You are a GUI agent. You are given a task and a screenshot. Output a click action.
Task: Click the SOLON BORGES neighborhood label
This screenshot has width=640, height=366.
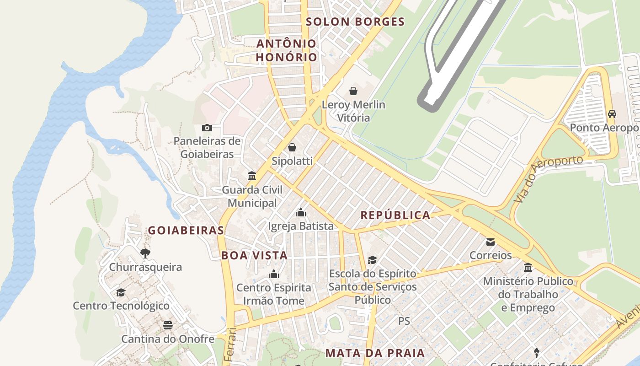[x=355, y=22]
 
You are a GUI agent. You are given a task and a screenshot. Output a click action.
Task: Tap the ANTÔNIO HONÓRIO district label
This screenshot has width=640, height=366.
[x=286, y=50]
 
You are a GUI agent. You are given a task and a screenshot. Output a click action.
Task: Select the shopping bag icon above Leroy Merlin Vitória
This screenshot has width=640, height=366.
[x=353, y=91]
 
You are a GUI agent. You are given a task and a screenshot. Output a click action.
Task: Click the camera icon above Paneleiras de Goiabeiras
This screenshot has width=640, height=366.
[x=207, y=128]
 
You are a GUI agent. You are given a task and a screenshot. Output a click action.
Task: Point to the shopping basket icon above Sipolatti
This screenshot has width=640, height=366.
[x=292, y=147]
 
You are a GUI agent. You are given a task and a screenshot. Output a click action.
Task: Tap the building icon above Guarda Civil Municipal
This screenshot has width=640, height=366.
[x=252, y=176]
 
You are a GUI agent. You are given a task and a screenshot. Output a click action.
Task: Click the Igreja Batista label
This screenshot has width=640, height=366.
[x=301, y=226]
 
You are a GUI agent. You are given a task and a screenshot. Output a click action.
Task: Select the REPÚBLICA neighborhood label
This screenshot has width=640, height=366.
[x=395, y=215]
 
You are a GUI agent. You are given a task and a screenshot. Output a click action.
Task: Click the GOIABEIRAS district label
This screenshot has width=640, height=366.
[x=186, y=230]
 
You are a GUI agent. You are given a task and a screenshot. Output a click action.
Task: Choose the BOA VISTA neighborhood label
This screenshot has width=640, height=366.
[x=255, y=255]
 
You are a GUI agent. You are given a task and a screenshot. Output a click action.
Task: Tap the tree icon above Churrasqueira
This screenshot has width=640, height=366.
[x=145, y=253]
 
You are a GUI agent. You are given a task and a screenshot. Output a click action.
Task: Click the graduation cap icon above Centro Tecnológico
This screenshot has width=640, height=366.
[x=121, y=292]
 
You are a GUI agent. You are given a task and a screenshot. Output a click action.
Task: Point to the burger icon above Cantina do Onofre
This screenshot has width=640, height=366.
[x=168, y=325]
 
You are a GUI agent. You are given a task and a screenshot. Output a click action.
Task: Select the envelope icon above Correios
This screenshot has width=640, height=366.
[x=491, y=242]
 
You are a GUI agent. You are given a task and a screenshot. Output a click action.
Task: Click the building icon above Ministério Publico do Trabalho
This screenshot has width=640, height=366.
[x=528, y=267]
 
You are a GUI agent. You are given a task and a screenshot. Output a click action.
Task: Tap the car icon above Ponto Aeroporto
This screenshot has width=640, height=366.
[x=612, y=113]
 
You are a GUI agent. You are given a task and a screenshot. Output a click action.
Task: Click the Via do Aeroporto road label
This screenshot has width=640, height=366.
[x=548, y=178]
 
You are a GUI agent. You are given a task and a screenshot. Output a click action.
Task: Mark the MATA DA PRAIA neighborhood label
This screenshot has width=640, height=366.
[x=375, y=353]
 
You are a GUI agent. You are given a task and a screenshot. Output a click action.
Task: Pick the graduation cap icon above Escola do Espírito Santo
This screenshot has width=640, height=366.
[x=373, y=260]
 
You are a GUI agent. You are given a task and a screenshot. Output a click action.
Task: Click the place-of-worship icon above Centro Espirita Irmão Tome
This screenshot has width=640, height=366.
[x=274, y=274]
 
